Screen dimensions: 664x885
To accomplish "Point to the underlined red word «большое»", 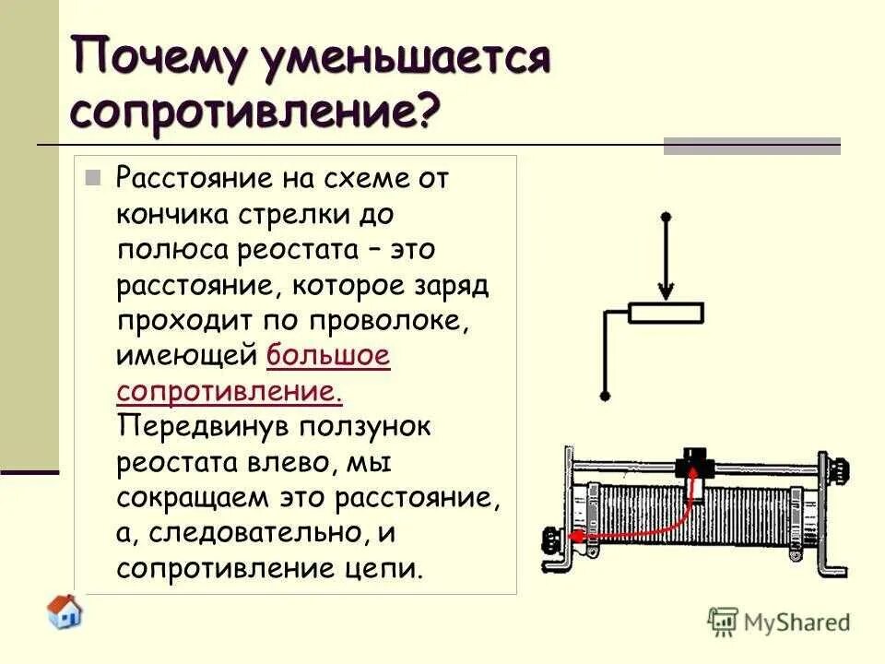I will coord(329,356).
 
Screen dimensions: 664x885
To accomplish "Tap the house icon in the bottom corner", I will coord(65,611).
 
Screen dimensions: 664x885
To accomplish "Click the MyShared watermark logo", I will coord(779,621).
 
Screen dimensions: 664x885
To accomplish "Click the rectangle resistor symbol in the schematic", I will coord(666,314).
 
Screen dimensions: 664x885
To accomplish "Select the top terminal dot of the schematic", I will coord(666,216).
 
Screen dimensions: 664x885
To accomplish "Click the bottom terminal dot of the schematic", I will coord(605,397).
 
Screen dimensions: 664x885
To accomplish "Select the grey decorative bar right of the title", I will coord(752,146).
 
